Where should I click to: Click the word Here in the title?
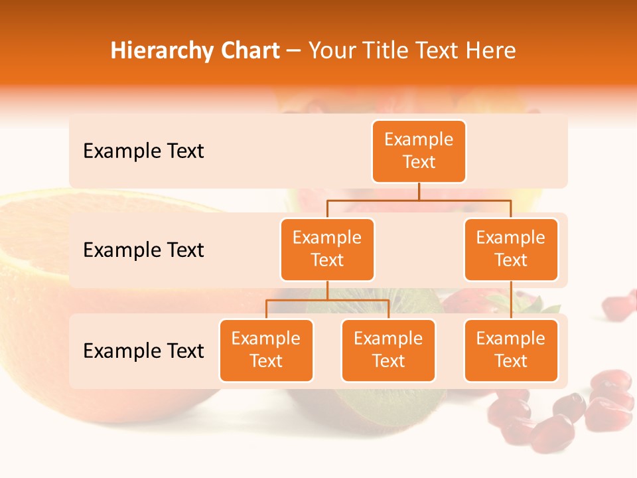[490, 50]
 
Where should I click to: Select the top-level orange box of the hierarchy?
[419, 151]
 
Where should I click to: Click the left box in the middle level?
[327, 249]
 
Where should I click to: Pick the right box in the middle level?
[511, 249]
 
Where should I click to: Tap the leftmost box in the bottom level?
[266, 350]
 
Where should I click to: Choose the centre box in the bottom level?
[388, 350]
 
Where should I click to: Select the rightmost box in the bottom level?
[511, 350]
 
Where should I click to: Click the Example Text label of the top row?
[143, 151]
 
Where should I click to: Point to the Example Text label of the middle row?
[143, 250]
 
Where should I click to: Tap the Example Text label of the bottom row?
[143, 351]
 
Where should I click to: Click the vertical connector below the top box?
[419, 191]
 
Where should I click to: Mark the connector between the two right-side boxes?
[511, 300]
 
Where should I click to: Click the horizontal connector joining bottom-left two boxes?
[327, 300]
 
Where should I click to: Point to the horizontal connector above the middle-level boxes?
[419, 200]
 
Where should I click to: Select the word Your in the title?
[329, 50]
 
